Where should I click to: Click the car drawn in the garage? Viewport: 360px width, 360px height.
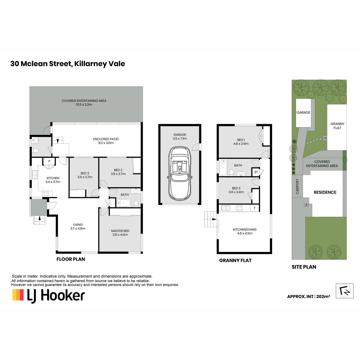click(180, 173)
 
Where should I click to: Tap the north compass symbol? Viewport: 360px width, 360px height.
click(344, 291)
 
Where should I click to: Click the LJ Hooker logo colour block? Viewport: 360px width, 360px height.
click(18, 295)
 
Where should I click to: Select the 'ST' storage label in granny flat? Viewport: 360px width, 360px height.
click(256, 172)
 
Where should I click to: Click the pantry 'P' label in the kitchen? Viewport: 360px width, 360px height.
click(49, 161)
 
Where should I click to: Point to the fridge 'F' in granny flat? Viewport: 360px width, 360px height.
click(254, 208)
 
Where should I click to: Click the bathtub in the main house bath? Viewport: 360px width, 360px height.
click(124, 203)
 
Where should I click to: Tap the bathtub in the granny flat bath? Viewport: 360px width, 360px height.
click(223, 167)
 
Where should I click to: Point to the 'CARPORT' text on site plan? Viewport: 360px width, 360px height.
click(297, 186)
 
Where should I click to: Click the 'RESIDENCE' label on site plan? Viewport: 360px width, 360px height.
click(325, 192)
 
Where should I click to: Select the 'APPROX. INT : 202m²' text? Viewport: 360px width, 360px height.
click(308, 296)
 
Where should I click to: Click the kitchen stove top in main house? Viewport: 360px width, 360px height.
click(45, 194)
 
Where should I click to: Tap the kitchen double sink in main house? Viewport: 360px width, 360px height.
click(35, 175)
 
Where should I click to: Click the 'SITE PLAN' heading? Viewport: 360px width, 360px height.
click(304, 267)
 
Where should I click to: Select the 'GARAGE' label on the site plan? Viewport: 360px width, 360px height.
click(303, 112)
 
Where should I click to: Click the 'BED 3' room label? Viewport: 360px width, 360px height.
click(85, 173)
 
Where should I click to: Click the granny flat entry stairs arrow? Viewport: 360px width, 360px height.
click(214, 219)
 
